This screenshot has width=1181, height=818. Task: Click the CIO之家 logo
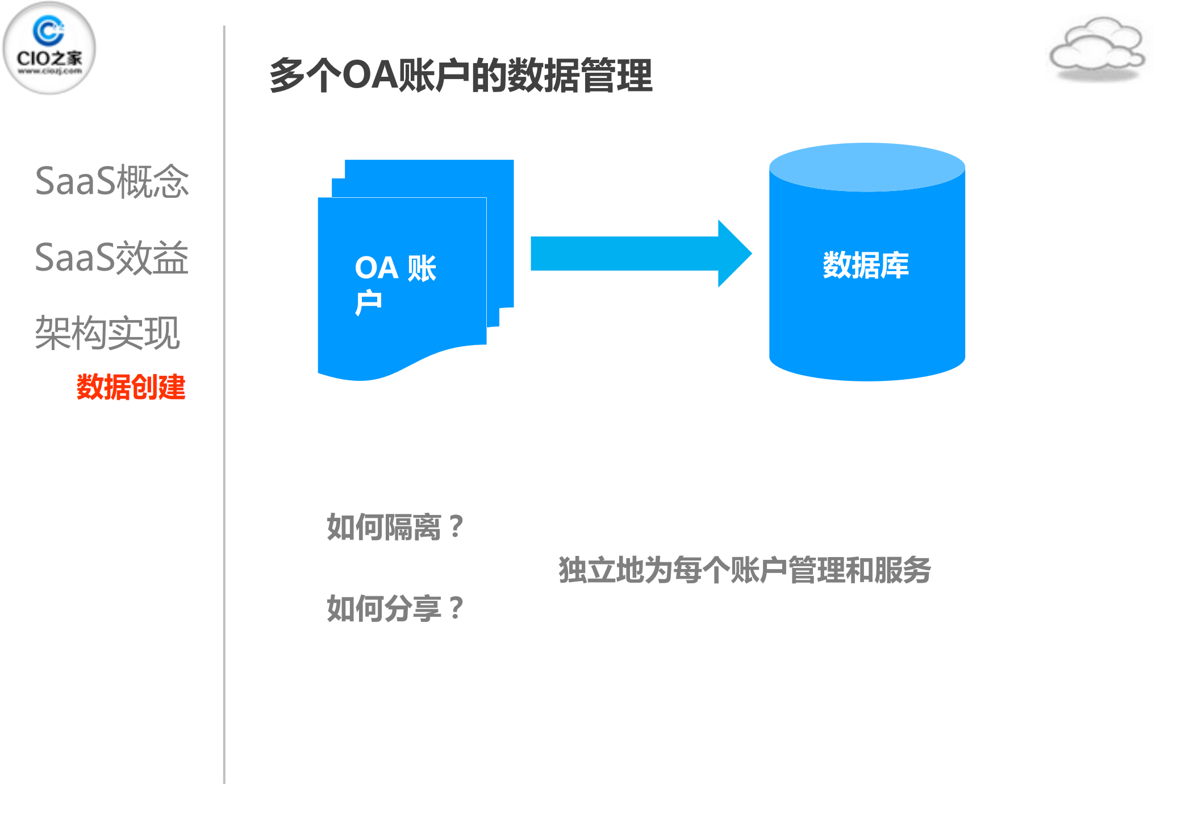point(49,48)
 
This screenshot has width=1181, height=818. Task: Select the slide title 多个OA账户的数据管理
point(461,76)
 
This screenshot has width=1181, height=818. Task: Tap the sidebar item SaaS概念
point(111,182)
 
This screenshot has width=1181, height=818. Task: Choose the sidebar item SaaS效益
point(111,258)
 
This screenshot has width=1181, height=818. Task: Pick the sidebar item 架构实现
point(107,333)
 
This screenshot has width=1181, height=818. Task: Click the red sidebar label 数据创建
point(131,387)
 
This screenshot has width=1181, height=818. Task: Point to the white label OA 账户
point(395,284)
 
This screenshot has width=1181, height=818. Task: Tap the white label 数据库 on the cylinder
point(866,265)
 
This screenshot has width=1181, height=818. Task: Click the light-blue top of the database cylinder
point(867,167)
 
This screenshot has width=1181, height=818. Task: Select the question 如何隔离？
point(395,527)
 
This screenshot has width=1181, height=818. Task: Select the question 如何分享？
point(395,608)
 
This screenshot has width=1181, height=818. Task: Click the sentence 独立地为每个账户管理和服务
point(744,570)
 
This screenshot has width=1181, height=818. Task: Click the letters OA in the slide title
point(370,76)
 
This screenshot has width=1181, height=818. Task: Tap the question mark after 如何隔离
point(456,527)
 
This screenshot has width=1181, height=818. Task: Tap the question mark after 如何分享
point(456,608)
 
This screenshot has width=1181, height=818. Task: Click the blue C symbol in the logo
point(48,30)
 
